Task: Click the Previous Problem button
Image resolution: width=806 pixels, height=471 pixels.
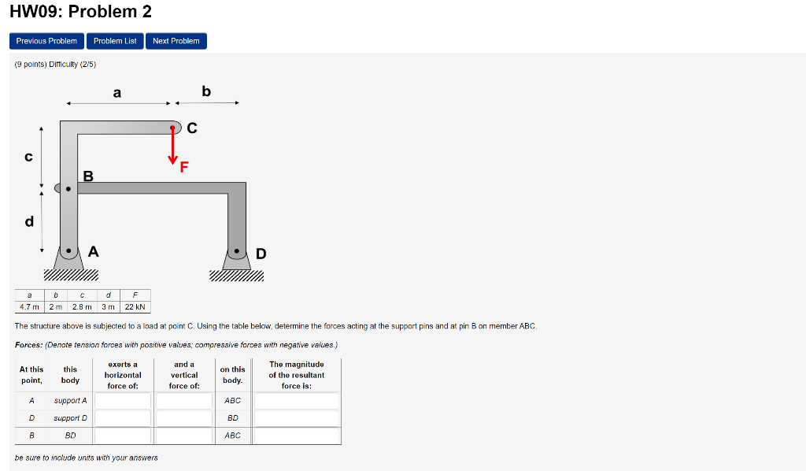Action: [46, 41]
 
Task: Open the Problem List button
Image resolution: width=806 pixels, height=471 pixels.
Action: [115, 41]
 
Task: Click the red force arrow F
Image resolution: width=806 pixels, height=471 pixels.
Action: [172, 146]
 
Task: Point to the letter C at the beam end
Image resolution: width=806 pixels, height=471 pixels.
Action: [192, 128]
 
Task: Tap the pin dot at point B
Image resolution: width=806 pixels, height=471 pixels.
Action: [68, 189]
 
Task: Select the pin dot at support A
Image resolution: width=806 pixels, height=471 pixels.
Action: [69, 252]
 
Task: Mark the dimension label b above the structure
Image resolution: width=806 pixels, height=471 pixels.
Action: [206, 91]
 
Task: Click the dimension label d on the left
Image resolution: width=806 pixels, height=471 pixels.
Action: [29, 221]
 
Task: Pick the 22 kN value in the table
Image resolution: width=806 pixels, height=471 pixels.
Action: [135, 307]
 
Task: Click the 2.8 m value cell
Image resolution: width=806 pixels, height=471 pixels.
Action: [81, 307]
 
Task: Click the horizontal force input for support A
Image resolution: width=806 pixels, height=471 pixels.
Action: [123, 401]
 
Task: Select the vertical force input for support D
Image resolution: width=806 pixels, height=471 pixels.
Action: [184, 418]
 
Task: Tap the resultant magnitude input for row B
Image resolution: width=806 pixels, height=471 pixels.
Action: [297, 436]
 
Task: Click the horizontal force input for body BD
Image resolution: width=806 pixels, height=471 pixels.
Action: [123, 436]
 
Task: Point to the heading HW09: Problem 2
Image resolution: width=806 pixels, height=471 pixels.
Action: [80, 12]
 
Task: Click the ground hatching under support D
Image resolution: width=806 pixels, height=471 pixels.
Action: [237, 276]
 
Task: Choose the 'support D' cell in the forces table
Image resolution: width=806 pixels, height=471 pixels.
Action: [70, 418]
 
